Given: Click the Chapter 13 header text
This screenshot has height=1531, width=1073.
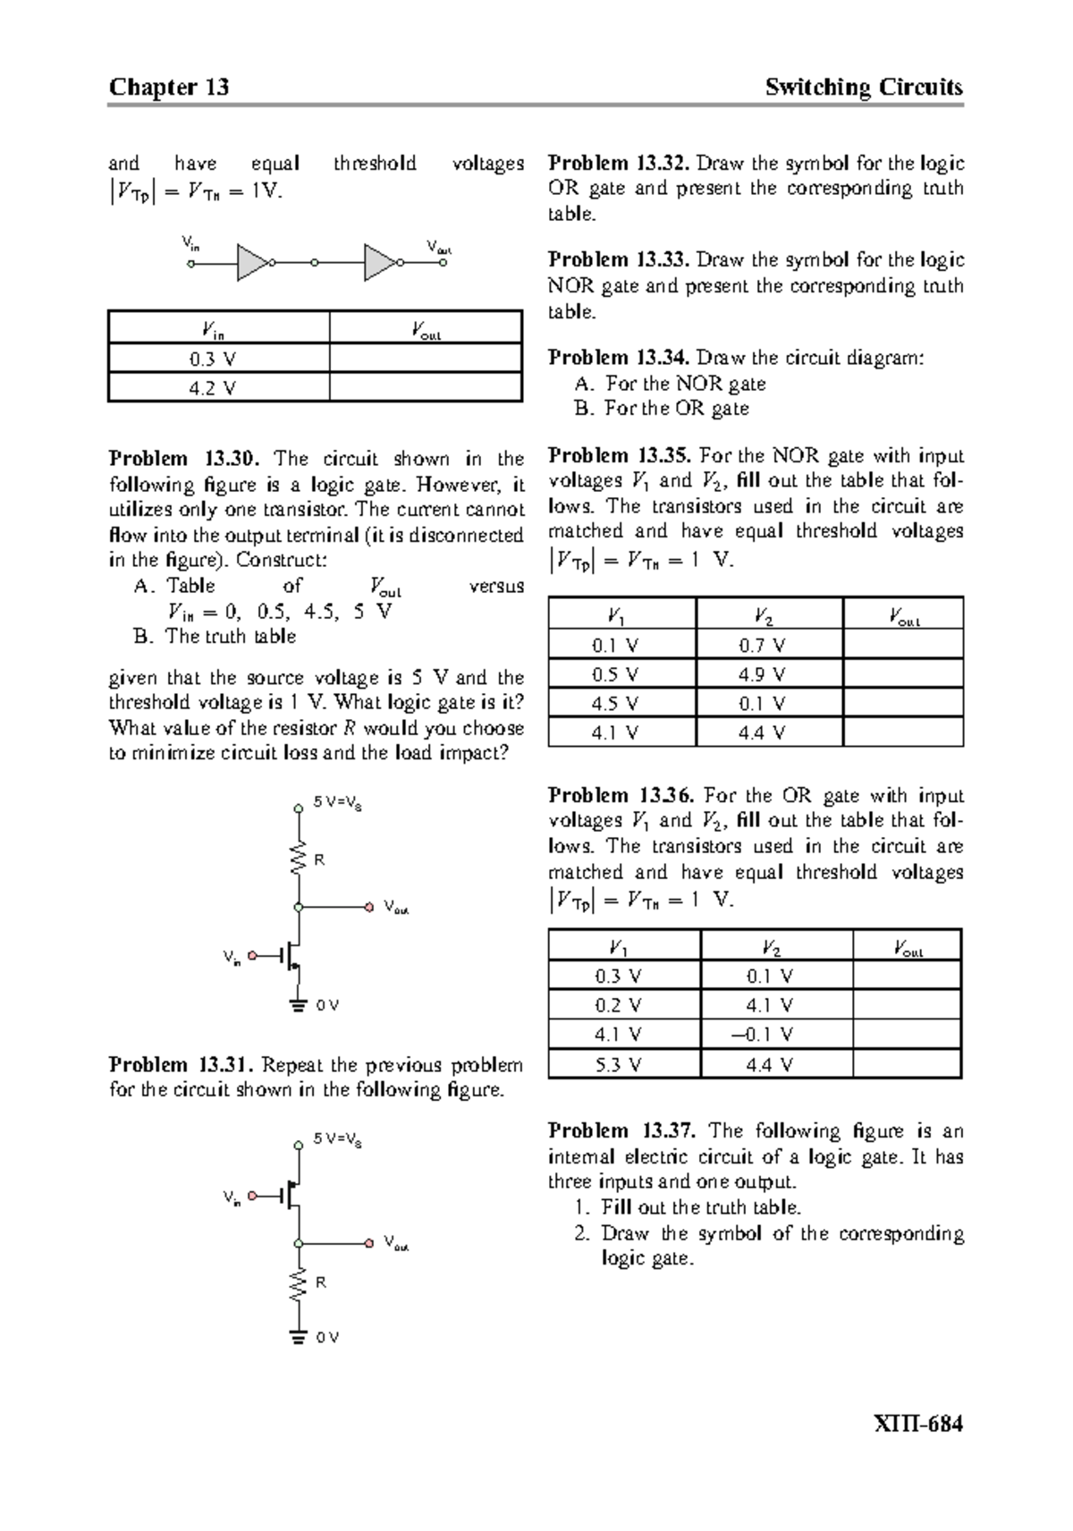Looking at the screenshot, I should coord(168,87).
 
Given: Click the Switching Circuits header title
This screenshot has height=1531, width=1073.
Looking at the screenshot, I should coord(864,87).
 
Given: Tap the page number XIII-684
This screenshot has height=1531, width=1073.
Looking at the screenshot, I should coord(918,1424).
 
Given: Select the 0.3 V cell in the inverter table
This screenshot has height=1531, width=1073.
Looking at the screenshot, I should coord(213,359).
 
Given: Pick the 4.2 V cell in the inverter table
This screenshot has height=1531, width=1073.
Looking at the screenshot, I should coord(213,388).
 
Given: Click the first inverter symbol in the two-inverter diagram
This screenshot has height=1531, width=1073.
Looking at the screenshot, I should coord(253,263).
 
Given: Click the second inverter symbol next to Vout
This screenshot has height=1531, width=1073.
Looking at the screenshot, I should coord(381,263).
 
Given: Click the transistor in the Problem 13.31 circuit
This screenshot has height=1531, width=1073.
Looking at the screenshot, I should coord(292,1194).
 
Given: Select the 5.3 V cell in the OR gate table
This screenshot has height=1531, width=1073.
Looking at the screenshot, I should coord(619,1064).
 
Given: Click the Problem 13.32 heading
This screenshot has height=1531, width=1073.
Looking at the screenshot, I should coord(619,163).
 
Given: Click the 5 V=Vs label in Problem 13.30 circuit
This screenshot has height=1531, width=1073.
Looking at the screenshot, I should coord(337,803).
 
